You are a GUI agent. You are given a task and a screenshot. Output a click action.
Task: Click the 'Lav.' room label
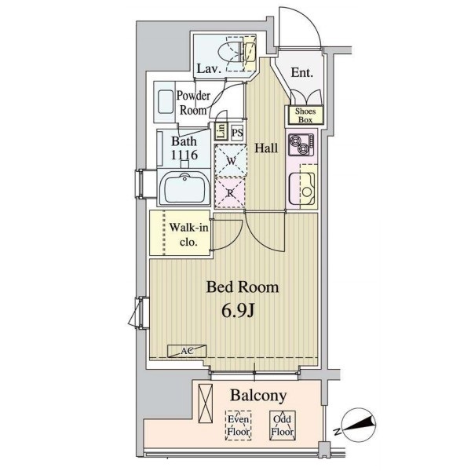point(209,68)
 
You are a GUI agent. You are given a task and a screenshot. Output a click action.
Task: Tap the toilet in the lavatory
point(237,53)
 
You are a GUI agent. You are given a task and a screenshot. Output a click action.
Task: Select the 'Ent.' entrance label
point(302,72)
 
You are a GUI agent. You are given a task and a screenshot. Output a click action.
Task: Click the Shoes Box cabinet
point(305,115)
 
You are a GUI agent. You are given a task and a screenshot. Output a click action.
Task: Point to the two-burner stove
point(301,144)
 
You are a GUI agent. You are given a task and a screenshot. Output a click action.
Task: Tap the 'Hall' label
point(266,148)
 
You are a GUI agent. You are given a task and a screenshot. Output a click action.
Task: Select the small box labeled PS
point(238,133)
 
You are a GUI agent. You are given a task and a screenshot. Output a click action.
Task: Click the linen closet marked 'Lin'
point(221,132)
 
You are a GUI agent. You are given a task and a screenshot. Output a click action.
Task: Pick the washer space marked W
point(231,160)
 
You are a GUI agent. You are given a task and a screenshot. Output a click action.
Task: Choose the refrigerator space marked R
point(230,192)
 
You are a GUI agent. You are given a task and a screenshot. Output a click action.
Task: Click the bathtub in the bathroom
point(184,188)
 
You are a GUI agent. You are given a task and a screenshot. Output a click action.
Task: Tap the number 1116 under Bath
point(184,155)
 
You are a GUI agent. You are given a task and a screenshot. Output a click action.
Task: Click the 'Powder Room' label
point(193,103)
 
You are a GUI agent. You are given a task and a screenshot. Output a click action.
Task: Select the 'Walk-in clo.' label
point(188,234)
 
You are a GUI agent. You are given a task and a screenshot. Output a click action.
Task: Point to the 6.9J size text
point(238,311)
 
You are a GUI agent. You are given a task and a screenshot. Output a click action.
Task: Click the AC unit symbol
point(187,351)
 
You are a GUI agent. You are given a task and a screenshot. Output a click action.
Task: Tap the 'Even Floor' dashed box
point(238,425)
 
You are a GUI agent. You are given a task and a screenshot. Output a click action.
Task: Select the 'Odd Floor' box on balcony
point(283,425)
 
